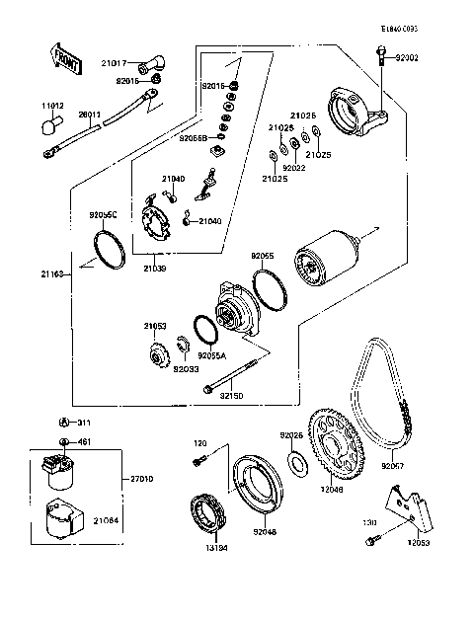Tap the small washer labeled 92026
pyautogui.click(x=295, y=463)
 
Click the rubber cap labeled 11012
pyautogui.click(x=47, y=124)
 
